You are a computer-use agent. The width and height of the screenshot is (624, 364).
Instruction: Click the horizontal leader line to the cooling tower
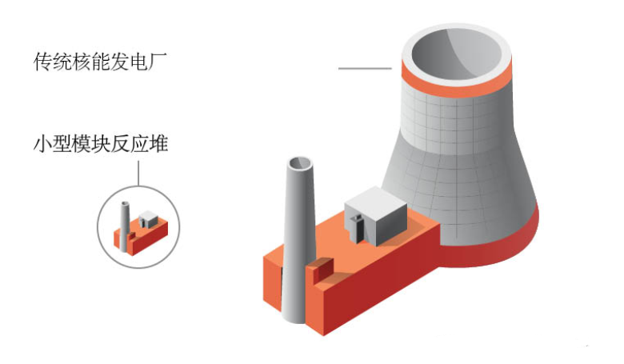tap(364, 69)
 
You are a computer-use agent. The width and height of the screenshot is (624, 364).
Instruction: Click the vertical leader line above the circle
tap(138, 174)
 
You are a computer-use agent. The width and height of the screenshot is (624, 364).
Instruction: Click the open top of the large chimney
tap(300, 163)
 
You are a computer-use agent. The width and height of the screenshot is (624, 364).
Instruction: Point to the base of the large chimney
tap(293, 316)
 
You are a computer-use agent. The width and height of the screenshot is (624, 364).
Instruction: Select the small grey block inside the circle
tap(148, 217)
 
